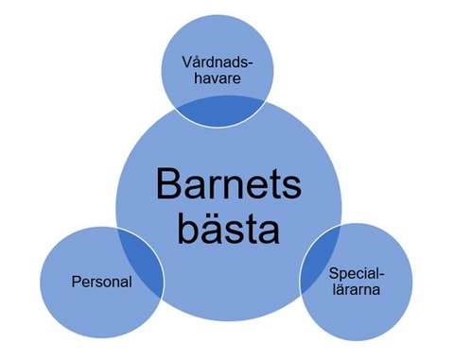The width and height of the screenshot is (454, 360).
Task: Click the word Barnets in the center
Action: pyautogui.click(x=228, y=183)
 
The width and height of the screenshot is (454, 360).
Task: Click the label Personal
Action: pyautogui.click(x=100, y=282)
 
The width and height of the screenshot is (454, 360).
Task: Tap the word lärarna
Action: pyautogui.click(x=355, y=290)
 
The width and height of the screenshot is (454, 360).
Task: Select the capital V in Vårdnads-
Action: pyautogui.click(x=187, y=62)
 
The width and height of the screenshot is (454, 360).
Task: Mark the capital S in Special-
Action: pyautogui.click(x=334, y=274)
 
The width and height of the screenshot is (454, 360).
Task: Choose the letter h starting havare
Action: pyautogui.click(x=199, y=78)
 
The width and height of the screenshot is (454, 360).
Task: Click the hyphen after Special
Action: pyautogui.click(x=380, y=275)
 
